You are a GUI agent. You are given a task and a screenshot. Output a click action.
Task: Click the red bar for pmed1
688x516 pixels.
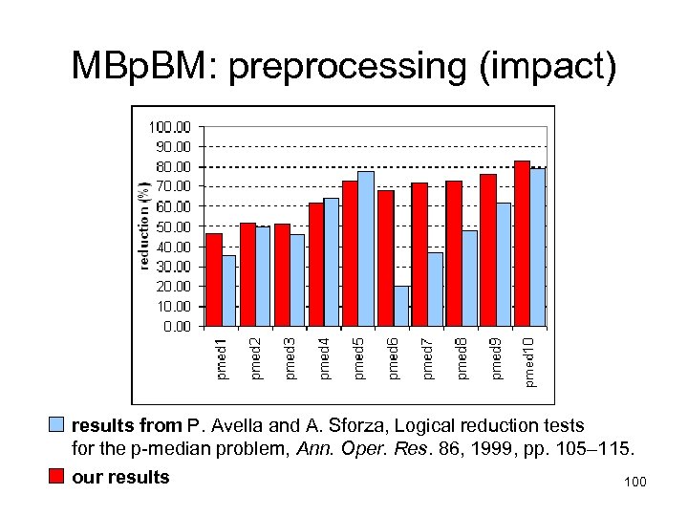213,279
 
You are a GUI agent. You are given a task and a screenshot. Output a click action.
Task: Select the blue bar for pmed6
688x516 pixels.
400,306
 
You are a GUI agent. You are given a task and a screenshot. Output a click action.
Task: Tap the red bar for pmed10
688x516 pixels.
522,244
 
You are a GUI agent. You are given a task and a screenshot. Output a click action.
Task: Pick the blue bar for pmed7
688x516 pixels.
435,289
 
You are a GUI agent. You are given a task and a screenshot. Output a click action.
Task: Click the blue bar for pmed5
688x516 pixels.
366,248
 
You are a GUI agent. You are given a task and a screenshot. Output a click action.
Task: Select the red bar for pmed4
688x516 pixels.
315,264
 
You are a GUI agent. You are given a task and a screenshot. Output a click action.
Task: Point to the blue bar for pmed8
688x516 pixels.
469,278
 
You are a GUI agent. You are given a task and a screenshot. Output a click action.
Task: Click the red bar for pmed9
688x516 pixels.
487,250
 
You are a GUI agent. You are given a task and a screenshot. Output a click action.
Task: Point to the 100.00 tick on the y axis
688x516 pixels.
170,126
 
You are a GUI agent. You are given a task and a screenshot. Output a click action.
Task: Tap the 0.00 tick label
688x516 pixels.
176,327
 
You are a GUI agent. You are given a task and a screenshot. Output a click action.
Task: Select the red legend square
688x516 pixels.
57,476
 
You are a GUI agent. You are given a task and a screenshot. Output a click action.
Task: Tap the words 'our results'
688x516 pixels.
120,477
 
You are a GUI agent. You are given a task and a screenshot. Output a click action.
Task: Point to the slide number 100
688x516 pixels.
634,482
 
